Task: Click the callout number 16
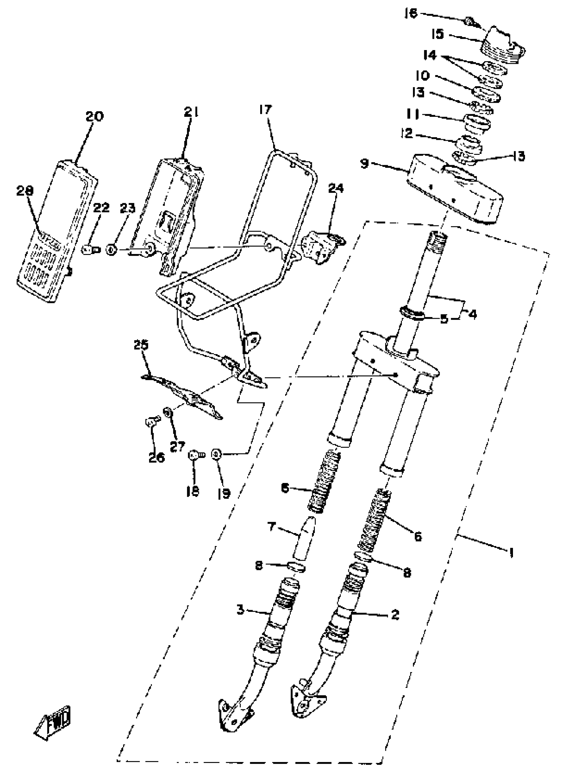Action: (x=411, y=14)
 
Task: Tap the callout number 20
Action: (x=94, y=117)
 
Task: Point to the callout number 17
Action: (x=265, y=109)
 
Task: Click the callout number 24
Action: (x=336, y=188)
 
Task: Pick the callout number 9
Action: (x=365, y=164)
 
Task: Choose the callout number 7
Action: (x=271, y=526)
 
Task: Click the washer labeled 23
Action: (x=110, y=250)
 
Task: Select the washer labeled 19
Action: (x=216, y=454)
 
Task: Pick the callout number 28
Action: (x=25, y=191)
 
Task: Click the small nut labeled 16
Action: (x=469, y=22)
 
